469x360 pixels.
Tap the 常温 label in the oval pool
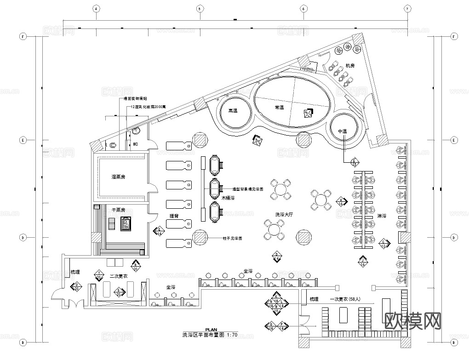[x=279, y=107]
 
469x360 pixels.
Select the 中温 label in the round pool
[x=342, y=131]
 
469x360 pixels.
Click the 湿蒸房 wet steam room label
[x=119, y=177]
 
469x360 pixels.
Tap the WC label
[x=136, y=144]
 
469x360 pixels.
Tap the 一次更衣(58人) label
[x=346, y=299]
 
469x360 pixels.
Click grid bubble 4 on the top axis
[x=96, y=9]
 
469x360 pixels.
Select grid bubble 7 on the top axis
[x=407, y=9]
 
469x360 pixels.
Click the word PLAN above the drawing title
[x=211, y=330]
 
